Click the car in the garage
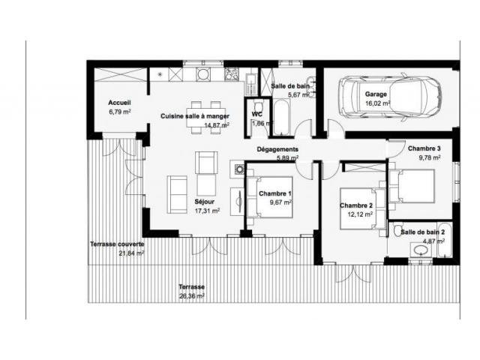(390, 97)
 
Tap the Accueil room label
(120, 103)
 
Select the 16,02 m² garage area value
(378, 103)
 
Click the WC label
(256, 114)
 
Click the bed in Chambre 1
(270, 197)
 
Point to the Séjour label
(205, 202)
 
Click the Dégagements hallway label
(277, 149)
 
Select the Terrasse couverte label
(117, 244)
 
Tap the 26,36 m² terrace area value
(192, 296)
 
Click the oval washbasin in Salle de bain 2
(421, 250)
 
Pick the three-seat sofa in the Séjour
(177, 194)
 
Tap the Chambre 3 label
(424, 148)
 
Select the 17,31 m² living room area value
(207, 211)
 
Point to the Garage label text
(376, 94)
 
